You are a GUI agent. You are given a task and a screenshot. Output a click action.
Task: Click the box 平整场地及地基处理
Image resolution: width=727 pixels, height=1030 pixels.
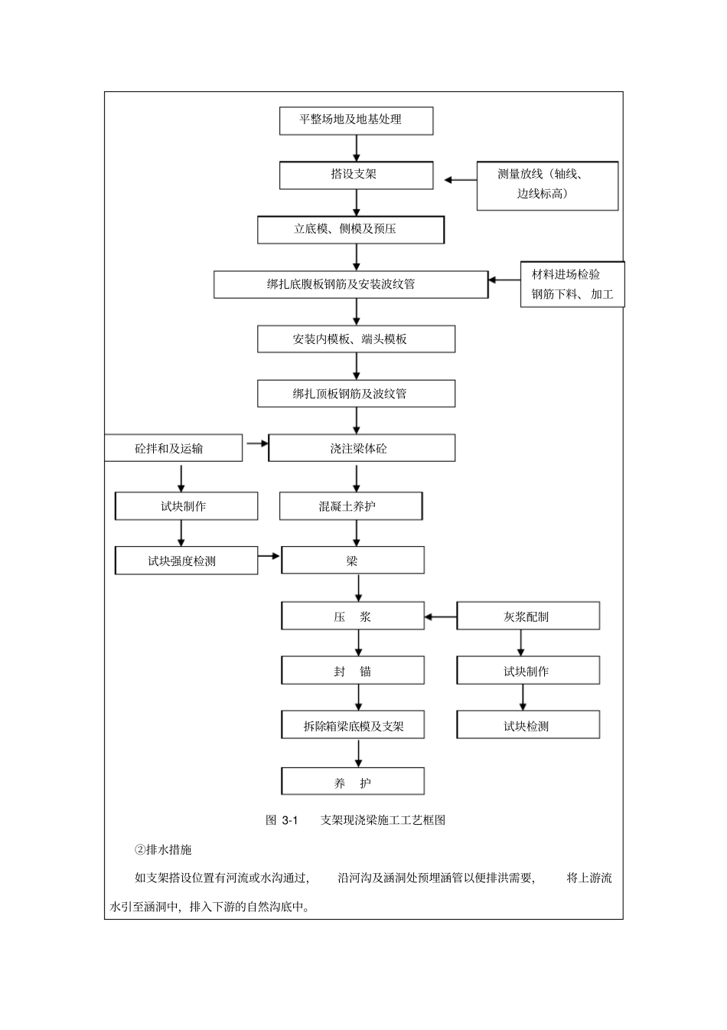356,120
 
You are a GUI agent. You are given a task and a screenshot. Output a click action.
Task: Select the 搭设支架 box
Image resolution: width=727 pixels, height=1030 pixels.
356,175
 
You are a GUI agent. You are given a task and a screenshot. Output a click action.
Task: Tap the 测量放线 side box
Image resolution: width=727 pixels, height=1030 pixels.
547,185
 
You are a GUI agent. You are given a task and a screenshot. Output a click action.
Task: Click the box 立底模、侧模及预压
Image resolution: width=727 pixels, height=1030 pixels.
350,229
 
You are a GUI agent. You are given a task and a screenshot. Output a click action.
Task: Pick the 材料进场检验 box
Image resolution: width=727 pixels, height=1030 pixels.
572,284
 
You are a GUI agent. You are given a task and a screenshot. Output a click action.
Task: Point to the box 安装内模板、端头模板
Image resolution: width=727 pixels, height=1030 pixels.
356,339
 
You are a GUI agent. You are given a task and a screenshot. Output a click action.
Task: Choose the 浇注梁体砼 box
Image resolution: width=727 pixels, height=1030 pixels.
361,449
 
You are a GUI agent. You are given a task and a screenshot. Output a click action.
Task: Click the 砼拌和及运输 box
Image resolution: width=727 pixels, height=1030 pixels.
173,449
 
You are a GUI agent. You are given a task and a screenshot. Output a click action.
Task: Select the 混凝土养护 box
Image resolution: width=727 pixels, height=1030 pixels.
350,506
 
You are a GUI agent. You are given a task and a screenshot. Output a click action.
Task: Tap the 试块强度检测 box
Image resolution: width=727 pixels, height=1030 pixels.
186,561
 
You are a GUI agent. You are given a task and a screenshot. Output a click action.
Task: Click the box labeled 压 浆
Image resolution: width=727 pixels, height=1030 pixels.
353,616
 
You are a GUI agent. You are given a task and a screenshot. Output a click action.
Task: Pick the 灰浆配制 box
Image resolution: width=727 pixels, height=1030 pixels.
528,616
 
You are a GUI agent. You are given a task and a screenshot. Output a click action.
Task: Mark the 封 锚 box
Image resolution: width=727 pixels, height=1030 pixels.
353,672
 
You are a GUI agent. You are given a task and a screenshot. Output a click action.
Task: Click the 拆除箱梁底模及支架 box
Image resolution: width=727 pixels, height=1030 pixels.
353,726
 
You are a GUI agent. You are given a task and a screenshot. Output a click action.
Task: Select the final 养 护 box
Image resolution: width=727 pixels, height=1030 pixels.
353,783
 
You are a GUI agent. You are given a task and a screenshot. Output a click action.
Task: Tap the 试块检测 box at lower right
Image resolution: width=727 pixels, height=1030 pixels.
528,726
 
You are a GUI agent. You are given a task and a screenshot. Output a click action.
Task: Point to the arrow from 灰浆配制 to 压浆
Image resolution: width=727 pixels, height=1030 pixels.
441,616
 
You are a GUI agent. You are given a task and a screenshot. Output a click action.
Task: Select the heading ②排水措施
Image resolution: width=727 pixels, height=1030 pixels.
163,850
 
